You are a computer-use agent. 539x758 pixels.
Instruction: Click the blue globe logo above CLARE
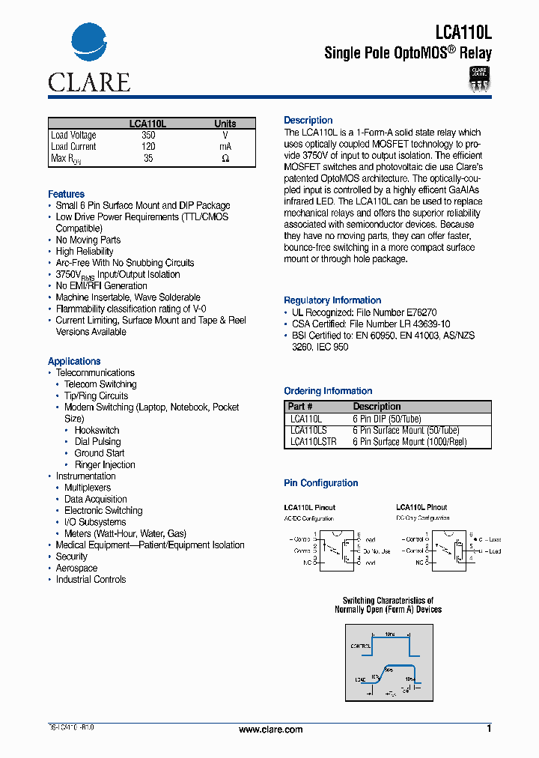[x=89, y=46]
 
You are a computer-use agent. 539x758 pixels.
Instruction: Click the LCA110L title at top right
[x=463, y=32]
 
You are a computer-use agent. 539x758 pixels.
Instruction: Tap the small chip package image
[x=479, y=77]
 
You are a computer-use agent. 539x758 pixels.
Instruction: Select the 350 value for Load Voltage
[x=148, y=136]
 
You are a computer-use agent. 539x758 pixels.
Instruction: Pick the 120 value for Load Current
[x=148, y=147]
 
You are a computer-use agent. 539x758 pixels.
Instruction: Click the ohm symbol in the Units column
[x=225, y=159]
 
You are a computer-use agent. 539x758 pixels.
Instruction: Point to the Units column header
[x=225, y=124]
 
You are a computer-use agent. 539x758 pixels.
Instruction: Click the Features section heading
[x=66, y=194]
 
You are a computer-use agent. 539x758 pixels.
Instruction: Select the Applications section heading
[x=74, y=361]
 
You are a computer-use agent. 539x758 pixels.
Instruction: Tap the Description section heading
[x=308, y=120]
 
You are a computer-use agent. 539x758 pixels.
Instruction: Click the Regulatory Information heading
[x=332, y=300]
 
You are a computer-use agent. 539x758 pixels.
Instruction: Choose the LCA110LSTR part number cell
[x=313, y=442]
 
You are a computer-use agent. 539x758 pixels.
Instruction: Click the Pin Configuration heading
[x=320, y=483]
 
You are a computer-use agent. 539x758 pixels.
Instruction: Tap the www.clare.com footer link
[x=270, y=730]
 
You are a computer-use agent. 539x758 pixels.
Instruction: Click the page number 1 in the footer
[x=489, y=729]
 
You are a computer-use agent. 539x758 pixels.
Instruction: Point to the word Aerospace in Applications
[x=76, y=568]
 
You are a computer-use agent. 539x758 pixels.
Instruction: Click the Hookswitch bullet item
[x=97, y=430]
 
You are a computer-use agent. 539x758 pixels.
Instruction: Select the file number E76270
[x=421, y=312]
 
